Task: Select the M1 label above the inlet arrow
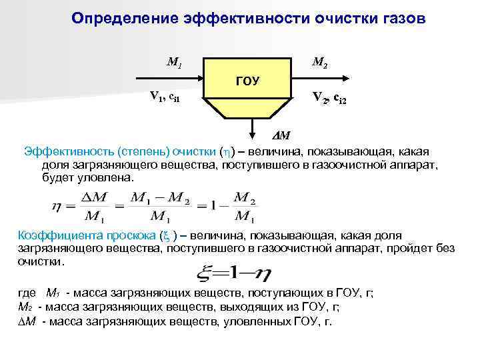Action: coord(174,64)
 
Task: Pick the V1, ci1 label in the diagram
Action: coord(163,97)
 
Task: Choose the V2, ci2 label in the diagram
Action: coord(329,99)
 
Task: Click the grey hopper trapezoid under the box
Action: coord(247,109)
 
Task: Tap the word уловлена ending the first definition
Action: coord(107,179)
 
